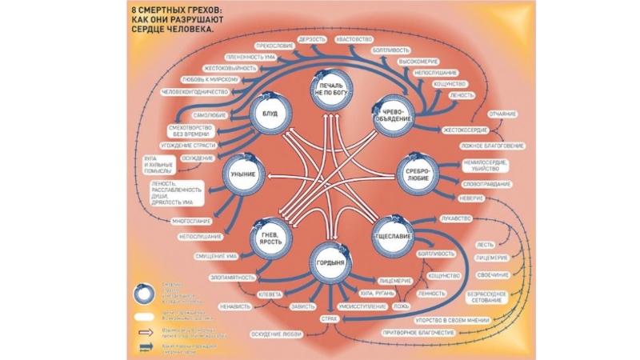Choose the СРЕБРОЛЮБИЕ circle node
tap(418, 174)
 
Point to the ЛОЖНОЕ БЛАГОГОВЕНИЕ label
tap(492, 146)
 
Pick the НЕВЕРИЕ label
tap(471, 198)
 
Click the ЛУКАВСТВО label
tap(456, 218)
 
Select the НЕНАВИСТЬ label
tap(235, 306)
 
